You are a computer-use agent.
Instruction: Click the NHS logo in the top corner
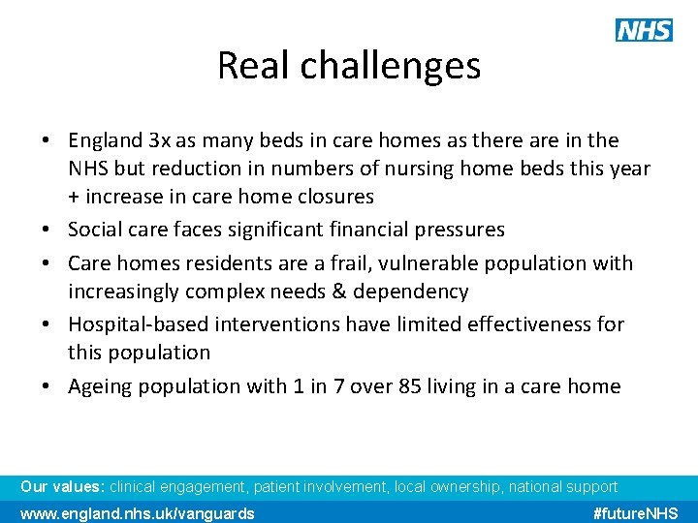[644, 30]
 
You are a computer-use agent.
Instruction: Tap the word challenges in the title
[390, 66]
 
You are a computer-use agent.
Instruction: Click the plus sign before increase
[75, 197]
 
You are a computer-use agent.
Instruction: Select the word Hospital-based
[139, 324]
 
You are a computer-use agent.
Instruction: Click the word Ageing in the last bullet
[99, 386]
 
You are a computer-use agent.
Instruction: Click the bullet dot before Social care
[47, 231]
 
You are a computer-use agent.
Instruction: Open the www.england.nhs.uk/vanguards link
[138, 513]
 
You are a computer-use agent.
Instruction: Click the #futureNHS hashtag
[635, 513]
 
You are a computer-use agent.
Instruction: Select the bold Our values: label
[63, 487]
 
